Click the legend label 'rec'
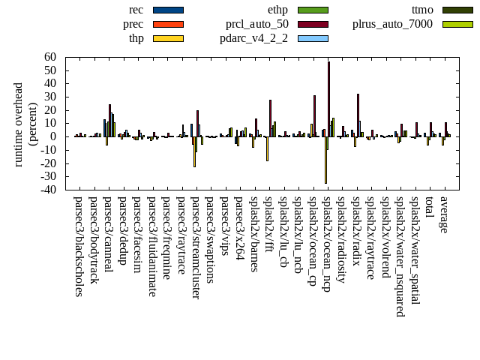tap(136, 10)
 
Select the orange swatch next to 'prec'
tap(168, 24)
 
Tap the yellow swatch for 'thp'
tap(168, 38)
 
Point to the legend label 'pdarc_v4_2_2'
tap(254, 38)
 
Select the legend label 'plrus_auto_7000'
tap(393, 24)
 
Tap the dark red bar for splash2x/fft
tap(271, 118)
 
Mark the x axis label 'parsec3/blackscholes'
tap(79, 247)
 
